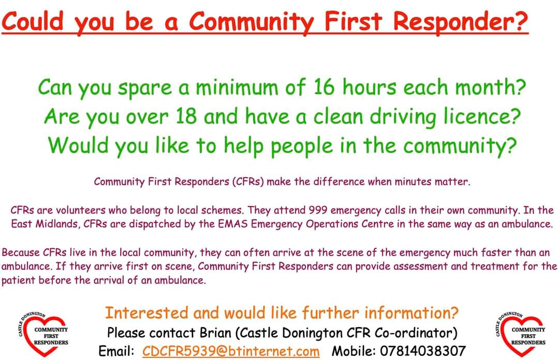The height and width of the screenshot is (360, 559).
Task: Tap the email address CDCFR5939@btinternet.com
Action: [x=231, y=351]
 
